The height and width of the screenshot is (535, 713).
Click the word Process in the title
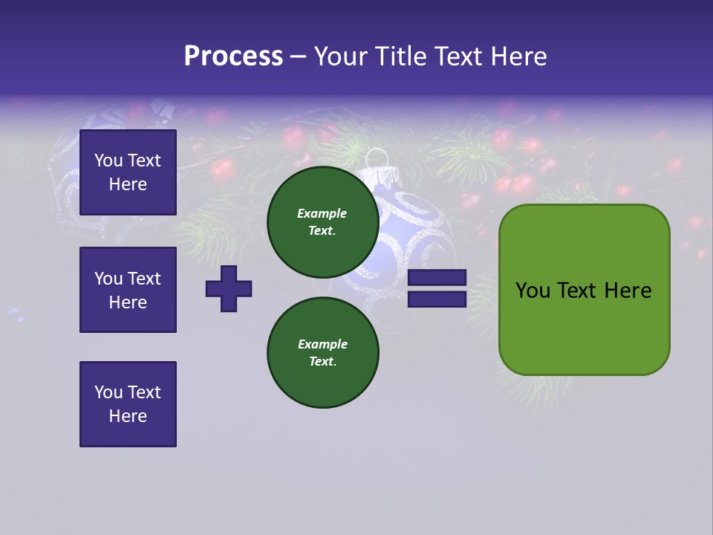point(233,56)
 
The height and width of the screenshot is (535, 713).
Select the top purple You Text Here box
point(128,172)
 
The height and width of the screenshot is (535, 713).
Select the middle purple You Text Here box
point(128,290)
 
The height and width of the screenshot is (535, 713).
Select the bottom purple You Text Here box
point(128,404)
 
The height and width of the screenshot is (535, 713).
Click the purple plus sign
point(229,288)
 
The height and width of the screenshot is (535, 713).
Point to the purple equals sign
point(437,288)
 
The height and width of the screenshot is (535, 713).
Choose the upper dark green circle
point(323,221)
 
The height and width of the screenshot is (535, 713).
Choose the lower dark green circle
point(323,352)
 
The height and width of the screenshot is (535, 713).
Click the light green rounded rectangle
point(585,290)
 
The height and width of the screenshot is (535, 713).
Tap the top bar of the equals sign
point(437,278)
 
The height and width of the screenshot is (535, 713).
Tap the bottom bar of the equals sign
point(437,299)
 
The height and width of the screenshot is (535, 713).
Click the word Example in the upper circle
point(322,213)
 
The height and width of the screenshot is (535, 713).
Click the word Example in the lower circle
point(322,344)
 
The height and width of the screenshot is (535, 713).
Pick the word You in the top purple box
point(108,160)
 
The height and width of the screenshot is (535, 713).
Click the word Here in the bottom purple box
point(128,416)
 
